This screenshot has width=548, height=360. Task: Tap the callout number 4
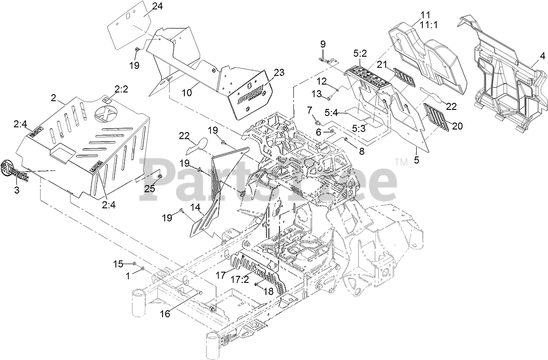(x=542, y=56)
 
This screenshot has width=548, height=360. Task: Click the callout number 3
(x=17, y=190)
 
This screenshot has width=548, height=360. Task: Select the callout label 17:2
(x=240, y=279)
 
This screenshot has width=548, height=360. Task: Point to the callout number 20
(x=457, y=126)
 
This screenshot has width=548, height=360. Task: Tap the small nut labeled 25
(x=160, y=176)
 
